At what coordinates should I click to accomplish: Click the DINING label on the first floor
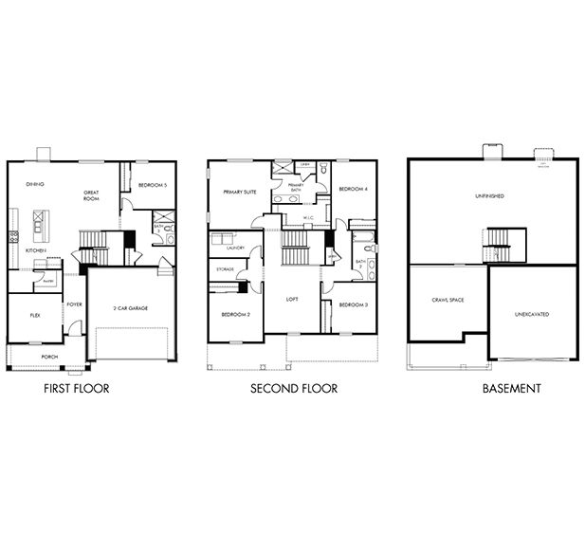35,184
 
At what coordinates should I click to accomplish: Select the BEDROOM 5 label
152,185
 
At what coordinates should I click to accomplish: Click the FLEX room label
35,315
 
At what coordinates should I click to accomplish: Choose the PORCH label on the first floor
48,357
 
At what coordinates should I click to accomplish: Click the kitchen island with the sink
39,225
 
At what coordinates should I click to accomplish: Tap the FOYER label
74,304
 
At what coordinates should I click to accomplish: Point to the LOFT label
293,299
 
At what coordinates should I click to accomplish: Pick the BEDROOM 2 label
235,314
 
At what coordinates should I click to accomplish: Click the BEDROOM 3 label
353,304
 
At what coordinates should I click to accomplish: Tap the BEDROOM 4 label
353,189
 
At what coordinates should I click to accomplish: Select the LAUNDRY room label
235,248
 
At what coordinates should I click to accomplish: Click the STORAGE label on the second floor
225,269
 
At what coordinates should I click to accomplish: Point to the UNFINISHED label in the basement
489,196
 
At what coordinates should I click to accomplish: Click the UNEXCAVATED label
532,313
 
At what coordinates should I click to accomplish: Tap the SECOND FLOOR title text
294,389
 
